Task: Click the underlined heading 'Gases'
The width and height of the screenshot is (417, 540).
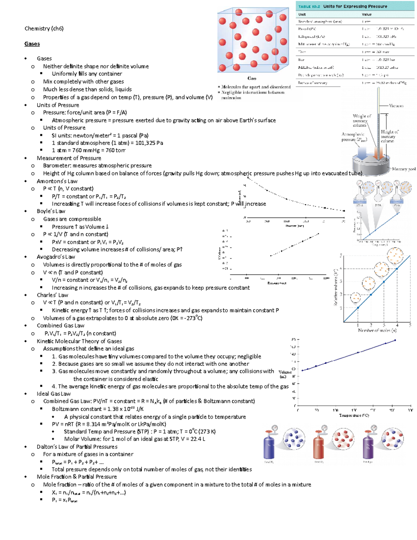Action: click(32, 44)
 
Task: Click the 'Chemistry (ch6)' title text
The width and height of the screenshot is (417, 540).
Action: click(44, 29)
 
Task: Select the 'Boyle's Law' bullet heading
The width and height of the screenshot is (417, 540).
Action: click(51, 211)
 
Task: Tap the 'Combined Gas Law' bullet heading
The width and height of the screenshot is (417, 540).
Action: click(60, 325)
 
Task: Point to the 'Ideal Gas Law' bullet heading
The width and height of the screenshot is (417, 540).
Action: click(54, 394)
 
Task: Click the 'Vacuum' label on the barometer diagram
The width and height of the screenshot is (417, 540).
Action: click(396, 106)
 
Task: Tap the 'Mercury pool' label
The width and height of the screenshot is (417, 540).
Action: click(403, 169)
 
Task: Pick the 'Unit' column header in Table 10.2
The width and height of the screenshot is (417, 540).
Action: click(302, 14)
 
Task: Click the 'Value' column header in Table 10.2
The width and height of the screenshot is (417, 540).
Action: click(367, 14)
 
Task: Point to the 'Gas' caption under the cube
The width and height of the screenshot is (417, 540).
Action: click(252, 78)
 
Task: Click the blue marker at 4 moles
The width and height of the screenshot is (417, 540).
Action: click(397, 268)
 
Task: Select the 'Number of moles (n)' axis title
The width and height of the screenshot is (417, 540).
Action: click(377, 330)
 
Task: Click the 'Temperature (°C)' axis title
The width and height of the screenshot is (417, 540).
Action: click(354, 415)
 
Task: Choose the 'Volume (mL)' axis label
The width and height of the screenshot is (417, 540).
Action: click(285, 374)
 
